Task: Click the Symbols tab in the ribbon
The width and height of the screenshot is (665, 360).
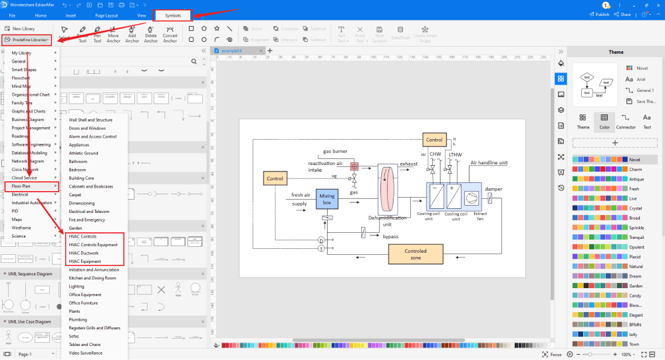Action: point(172,14)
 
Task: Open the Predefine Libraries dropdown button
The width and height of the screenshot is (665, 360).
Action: point(31,40)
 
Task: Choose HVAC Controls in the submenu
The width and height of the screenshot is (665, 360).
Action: point(82,236)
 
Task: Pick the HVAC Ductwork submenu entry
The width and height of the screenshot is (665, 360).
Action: point(84,253)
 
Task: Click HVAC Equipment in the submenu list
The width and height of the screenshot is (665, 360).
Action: point(85,262)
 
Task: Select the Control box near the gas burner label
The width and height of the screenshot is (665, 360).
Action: point(434,140)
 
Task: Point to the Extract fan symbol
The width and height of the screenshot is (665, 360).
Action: point(471,198)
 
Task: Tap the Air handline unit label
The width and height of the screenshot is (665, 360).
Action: point(489,162)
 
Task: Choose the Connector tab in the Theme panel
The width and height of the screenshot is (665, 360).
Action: point(625,121)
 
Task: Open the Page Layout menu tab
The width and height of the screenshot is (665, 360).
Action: point(106,14)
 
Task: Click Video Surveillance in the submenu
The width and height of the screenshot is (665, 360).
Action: point(86,353)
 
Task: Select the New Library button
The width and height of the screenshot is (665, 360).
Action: point(23,29)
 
